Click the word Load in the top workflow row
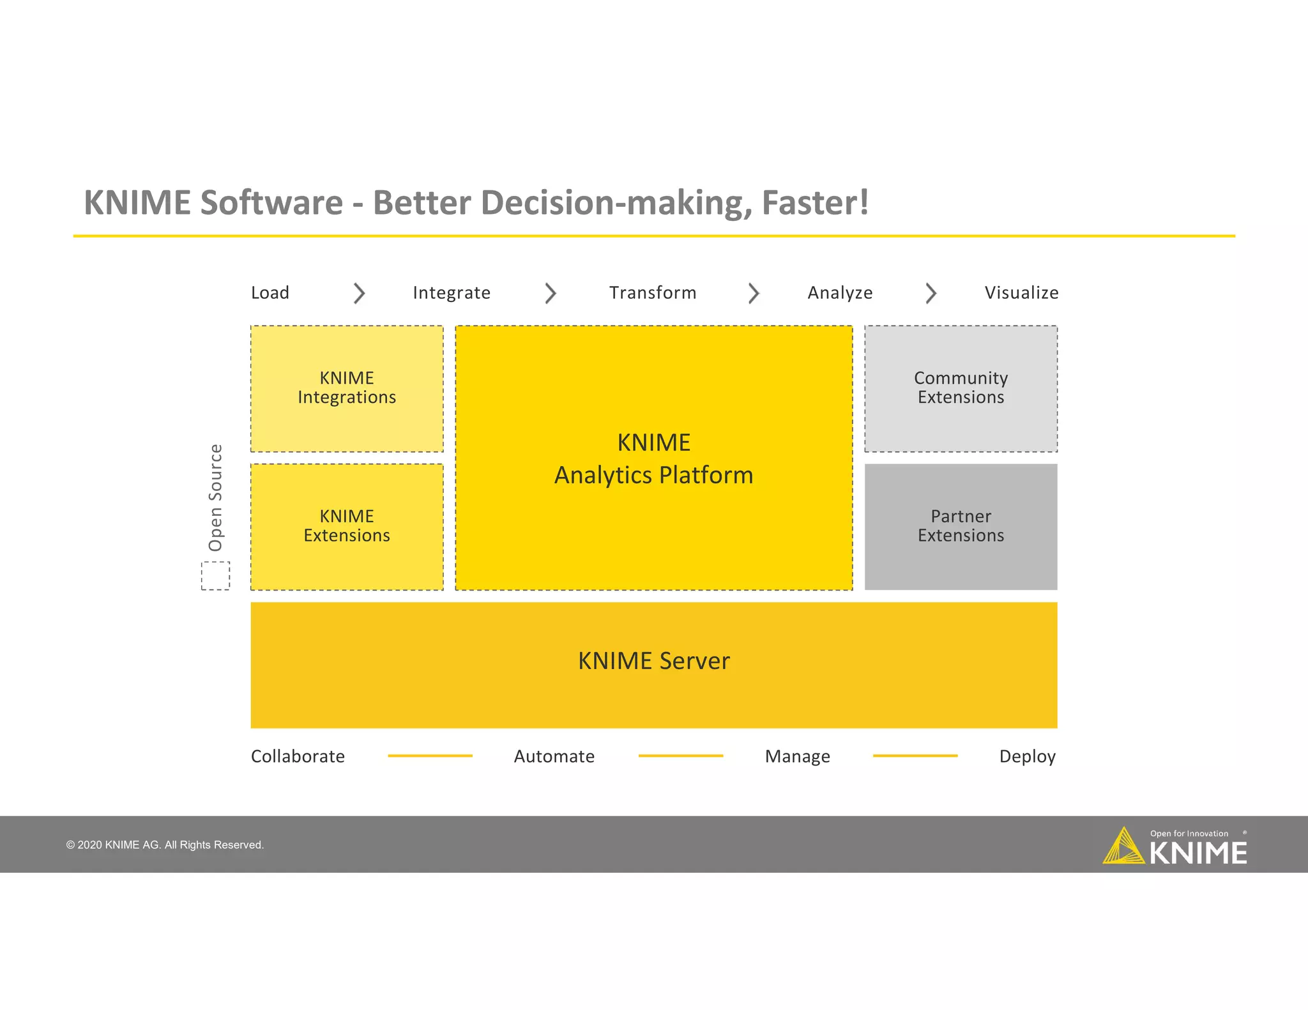[270, 292]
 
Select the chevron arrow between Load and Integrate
[359, 293]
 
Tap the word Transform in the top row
[652, 292]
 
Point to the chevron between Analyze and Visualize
[931, 293]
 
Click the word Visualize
[1021, 292]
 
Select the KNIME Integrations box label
[347, 388]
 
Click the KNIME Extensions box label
[347, 525]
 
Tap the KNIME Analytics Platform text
[653, 458]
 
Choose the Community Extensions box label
[961, 388]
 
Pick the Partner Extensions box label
[961, 525]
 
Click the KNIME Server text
[653, 661]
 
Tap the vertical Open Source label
[216, 497]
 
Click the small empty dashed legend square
[216, 576]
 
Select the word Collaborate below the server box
[298, 757]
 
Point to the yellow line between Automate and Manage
[680, 756]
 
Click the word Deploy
[1027, 757]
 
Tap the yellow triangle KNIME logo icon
[1123, 847]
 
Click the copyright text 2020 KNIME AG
[165, 845]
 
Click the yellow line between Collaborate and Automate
[430, 756]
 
